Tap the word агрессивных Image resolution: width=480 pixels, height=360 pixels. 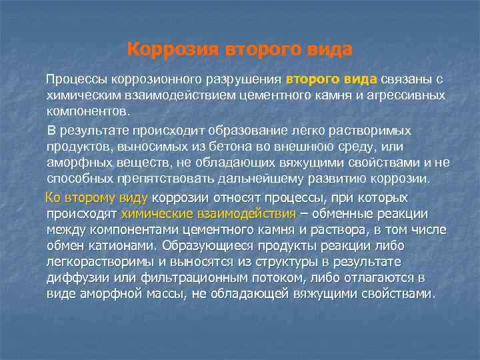coord(406,95)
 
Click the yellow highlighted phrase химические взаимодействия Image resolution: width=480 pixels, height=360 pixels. coord(209,214)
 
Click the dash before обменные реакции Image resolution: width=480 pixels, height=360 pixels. coord(304,214)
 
